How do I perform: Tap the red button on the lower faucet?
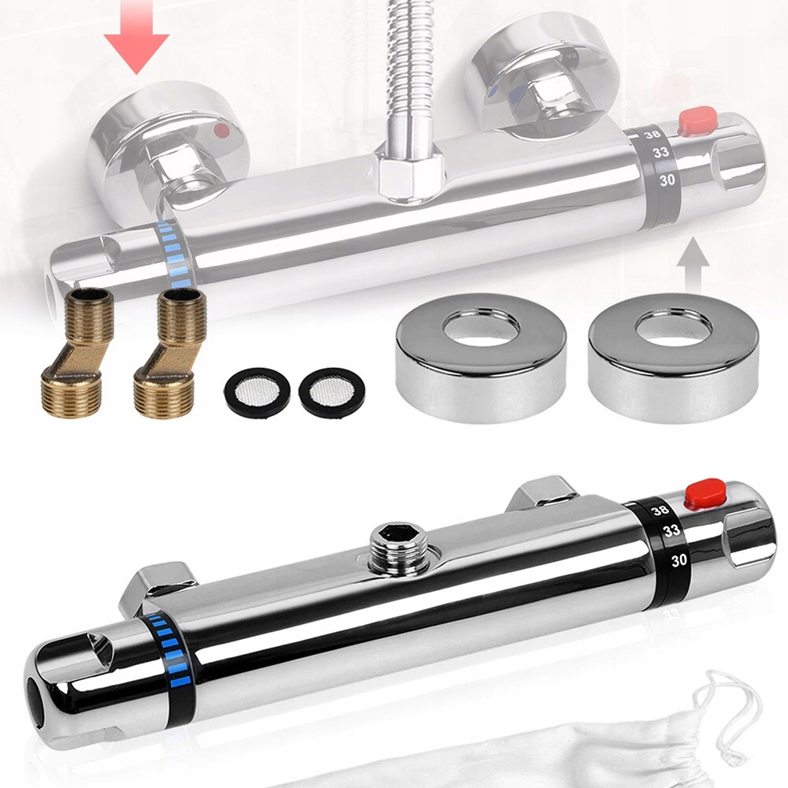(x=705, y=492)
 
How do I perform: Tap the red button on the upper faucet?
(x=697, y=120)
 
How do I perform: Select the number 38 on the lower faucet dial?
(x=660, y=510)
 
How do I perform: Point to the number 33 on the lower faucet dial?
(x=671, y=530)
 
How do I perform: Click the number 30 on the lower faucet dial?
(x=679, y=559)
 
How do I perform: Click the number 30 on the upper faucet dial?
(x=667, y=180)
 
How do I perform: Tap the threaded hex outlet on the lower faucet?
(x=398, y=548)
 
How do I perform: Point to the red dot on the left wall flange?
(x=221, y=131)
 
